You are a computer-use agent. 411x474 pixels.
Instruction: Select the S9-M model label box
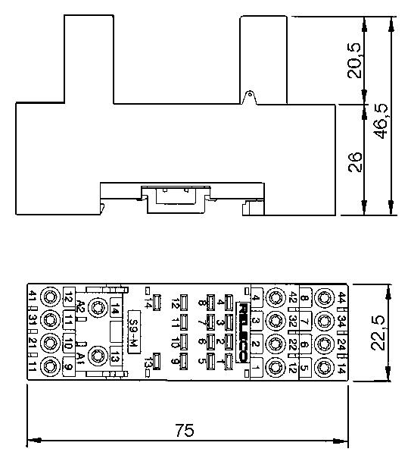134,330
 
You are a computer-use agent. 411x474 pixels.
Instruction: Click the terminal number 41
32,296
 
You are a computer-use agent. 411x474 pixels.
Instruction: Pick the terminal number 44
343,297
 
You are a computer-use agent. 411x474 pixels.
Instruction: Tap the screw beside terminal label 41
51,296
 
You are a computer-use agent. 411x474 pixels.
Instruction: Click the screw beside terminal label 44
324,297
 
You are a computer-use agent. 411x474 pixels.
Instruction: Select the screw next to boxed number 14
98,307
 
